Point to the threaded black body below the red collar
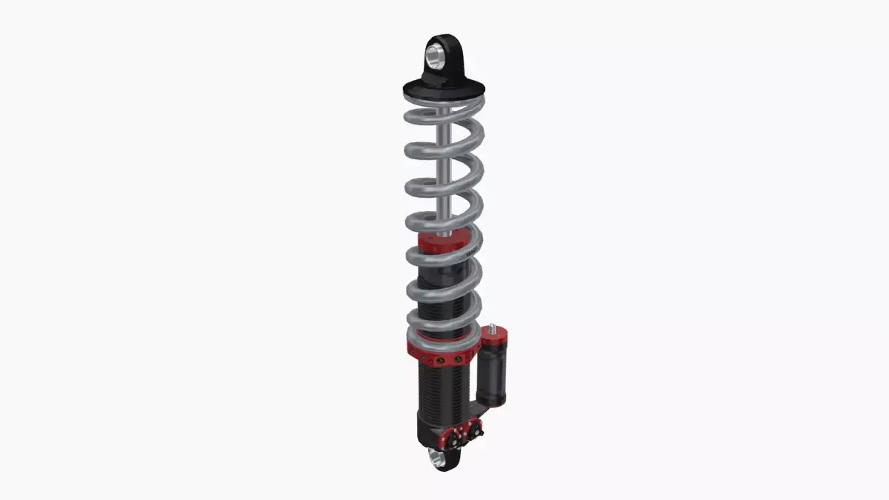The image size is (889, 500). click(x=442, y=389)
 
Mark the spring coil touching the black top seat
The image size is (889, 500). click(x=444, y=113)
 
